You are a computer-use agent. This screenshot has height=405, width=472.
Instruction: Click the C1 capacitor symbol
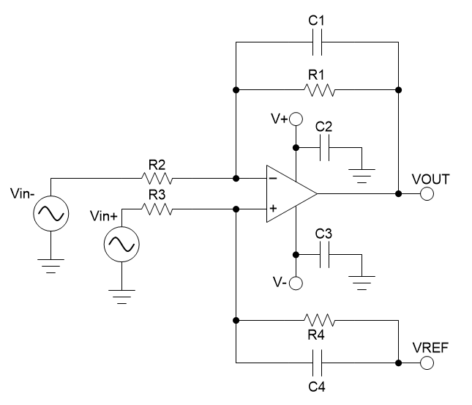tap(316, 43)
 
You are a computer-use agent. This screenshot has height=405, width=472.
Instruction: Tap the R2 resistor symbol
tap(158, 178)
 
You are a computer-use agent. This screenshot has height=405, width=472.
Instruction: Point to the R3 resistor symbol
tap(158, 209)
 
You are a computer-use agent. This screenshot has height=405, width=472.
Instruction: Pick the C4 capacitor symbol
tap(316, 362)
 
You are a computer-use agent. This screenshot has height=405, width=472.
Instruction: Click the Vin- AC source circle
tap(50, 214)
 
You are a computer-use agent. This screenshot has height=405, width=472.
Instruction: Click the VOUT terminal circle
tap(427, 194)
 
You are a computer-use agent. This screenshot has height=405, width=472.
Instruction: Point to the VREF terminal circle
tap(427, 362)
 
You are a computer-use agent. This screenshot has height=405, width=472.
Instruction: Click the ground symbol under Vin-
tap(50, 265)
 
